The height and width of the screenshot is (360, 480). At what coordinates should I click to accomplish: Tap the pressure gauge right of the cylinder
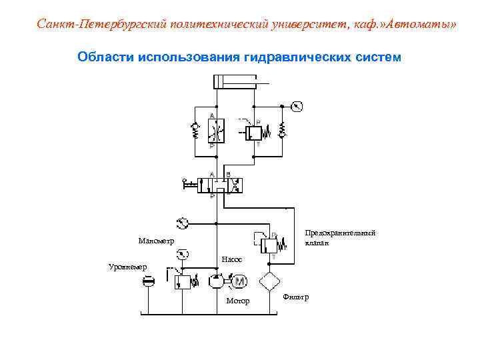click(297, 106)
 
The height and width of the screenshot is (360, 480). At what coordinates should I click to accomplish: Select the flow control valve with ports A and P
click(217, 130)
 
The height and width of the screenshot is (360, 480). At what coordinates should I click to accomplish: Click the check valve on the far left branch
click(196, 131)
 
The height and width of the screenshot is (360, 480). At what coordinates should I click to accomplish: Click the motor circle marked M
click(239, 282)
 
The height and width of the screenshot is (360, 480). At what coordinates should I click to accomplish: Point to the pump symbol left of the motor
click(217, 282)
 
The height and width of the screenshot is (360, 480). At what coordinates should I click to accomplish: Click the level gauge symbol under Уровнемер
click(149, 283)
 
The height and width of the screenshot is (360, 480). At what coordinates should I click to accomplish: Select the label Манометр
click(155, 241)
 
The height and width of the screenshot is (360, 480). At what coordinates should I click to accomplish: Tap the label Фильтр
click(297, 296)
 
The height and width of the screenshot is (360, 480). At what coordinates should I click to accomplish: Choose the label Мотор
click(238, 301)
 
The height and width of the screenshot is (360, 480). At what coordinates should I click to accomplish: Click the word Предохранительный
click(340, 233)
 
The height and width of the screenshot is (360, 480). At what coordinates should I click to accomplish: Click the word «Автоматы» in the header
click(421, 25)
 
